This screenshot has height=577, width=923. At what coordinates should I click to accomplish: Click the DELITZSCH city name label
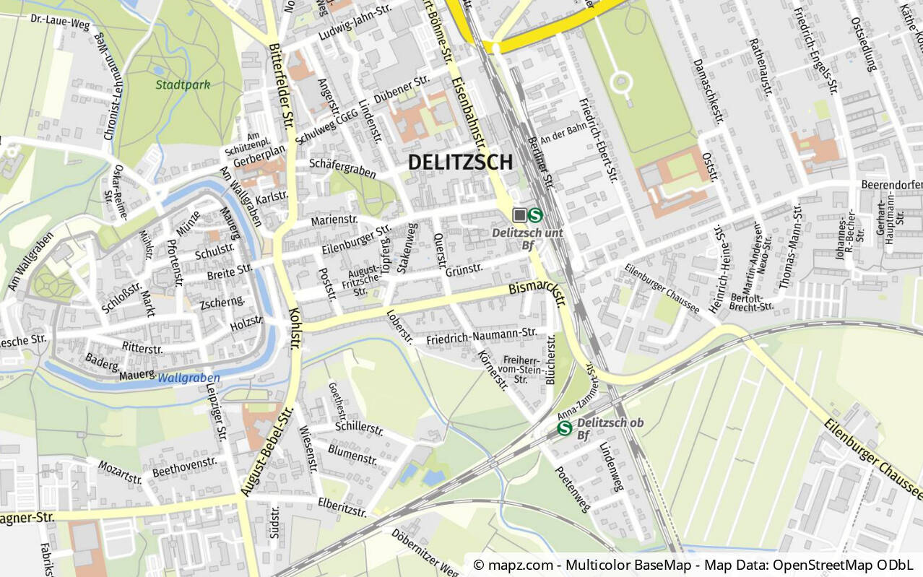click(x=460, y=162)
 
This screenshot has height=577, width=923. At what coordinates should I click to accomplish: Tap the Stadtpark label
click(x=183, y=84)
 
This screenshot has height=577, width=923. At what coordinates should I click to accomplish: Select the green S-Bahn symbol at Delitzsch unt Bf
click(x=536, y=214)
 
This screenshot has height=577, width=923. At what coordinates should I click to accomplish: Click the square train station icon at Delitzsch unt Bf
click(x=519, y=214)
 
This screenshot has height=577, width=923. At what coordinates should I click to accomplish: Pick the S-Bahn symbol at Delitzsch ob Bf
click(x=565, y=428)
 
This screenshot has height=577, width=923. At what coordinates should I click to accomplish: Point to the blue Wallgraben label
click(x=188, y=378)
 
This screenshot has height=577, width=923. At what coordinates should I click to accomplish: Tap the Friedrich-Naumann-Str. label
click(x=482, y=336)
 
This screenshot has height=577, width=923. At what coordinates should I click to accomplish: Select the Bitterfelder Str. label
click(x=281, y=83)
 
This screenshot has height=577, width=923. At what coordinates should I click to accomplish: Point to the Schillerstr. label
click(x=359, y=428)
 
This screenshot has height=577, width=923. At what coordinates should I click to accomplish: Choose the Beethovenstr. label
click(x=184, y=467)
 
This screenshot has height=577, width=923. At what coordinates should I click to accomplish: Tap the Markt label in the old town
click(x=147, y=298)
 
